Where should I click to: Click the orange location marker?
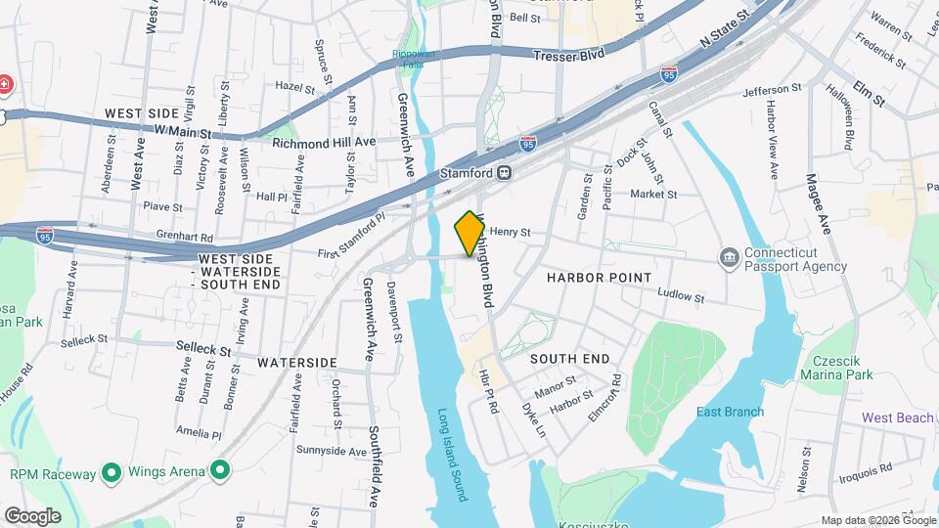coord(469,233)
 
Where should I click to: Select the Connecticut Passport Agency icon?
coord(730,258)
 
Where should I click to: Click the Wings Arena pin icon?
coord(220,472)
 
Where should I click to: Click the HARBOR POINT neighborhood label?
coord(599,278)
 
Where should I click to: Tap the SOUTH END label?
coord(570,359)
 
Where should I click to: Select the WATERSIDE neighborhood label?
coord(297,362)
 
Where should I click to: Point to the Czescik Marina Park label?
coord(836,367)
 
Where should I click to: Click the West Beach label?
coord(897,418)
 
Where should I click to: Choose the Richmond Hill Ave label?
coord(324,142)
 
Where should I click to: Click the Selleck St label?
coord(203,346)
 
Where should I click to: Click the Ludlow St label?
coord(681,294)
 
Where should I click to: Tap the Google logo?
coord(32,515)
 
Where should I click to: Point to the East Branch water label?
coord(730,412)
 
